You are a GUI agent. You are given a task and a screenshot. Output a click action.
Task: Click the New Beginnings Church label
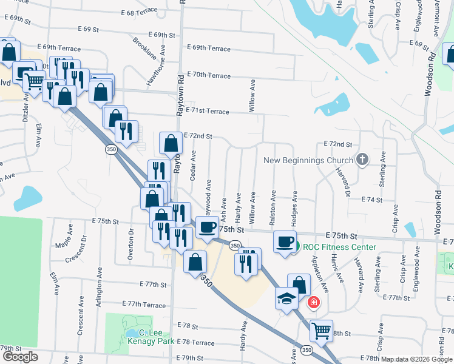pyautogui.click(x=308, y=160)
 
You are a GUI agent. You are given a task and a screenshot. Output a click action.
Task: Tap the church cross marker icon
pyautogui.click(x=362, y=160)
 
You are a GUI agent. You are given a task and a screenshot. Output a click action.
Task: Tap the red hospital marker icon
pyautogui.click(x=313, y=302)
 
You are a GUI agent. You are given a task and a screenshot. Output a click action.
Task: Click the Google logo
pyautogui.click(x=20, y=357)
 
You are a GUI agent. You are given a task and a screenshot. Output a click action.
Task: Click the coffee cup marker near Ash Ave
pyautogui.click(x=207, y=227)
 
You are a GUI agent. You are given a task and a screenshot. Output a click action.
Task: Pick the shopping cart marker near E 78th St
pyautogui.click(x=321, y=331)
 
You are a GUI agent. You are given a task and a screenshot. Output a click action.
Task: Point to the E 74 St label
pyautogui.click(x=372, y=200)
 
